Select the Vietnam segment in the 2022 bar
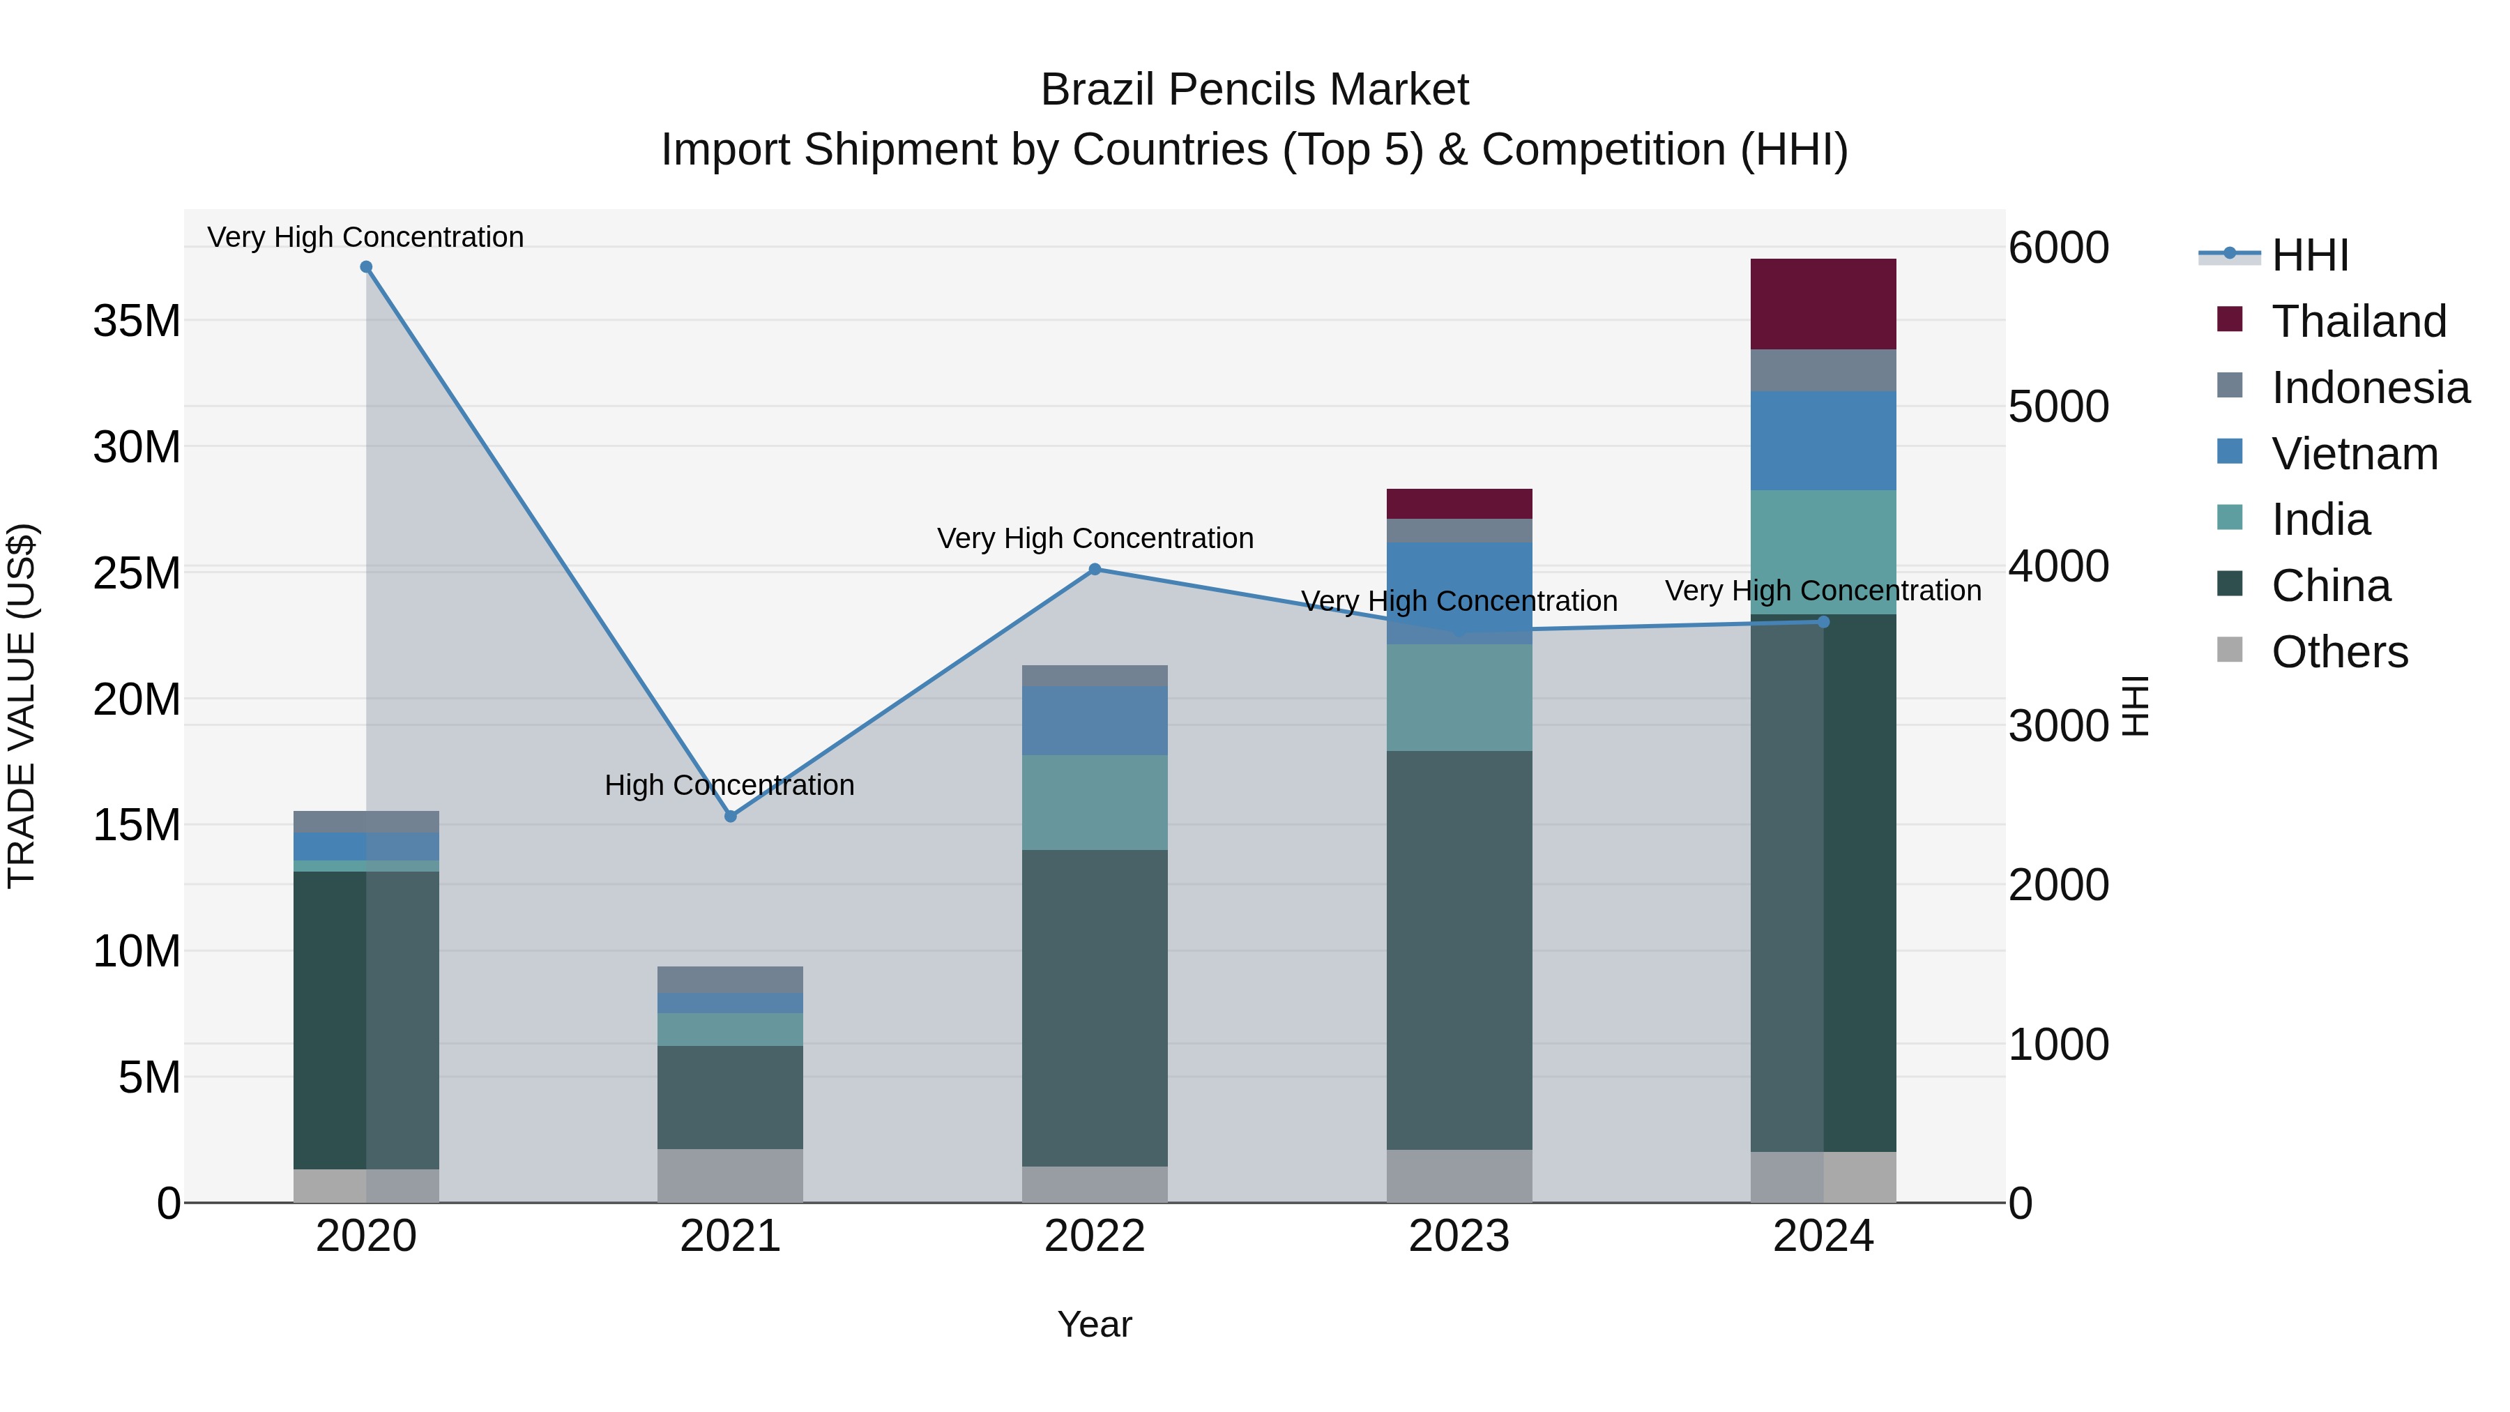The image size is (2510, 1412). [x=1094, y=720]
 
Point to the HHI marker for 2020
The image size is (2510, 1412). [x=366, y=267]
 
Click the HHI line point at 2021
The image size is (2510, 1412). [x=731, y=817]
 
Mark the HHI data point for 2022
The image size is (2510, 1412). [x=1094, y=569]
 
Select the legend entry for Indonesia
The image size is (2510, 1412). [x=2370, y=388]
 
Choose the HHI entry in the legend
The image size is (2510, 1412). [x=2309, y=255]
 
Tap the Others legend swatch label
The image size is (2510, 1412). [x=2338, y=652]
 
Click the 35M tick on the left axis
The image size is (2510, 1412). [x=137, y=321]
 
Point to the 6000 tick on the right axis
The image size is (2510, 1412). [x=2058, y=248]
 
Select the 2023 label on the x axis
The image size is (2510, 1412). [x=1459, y=1236]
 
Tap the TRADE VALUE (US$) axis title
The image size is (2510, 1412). [x=22, y=706]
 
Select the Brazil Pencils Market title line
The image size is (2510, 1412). [x=1254, y=90]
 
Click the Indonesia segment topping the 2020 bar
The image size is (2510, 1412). [x=366, y=821]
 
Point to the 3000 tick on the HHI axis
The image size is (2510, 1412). [x=2058, y=726]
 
